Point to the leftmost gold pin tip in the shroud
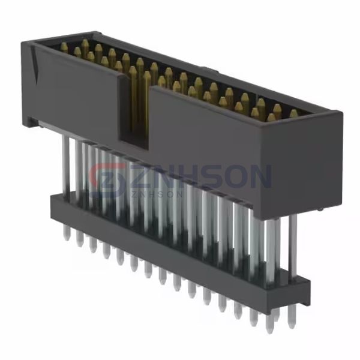[64, 46]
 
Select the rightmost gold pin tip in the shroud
[293, 113]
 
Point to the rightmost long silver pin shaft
[293, 240]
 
